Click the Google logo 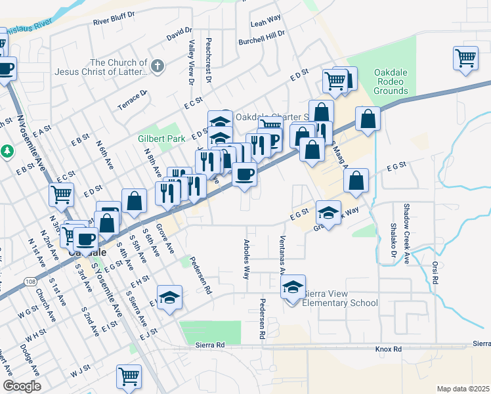pyautogui.click(x=22, y=386)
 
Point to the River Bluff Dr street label pyautogui.click(x=114, y=18)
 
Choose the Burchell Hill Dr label pyautogui.click(x=262, y=34)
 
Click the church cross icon pyautogui.click(x=157, y=66)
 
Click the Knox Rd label pyautogui.click(x=388, y=349)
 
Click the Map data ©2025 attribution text pyautogui.click(x=463, y=389)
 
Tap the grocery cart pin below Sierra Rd pyautogui.click(x=129, y=377)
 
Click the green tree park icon pyautogui.click(x=7, y=152)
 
